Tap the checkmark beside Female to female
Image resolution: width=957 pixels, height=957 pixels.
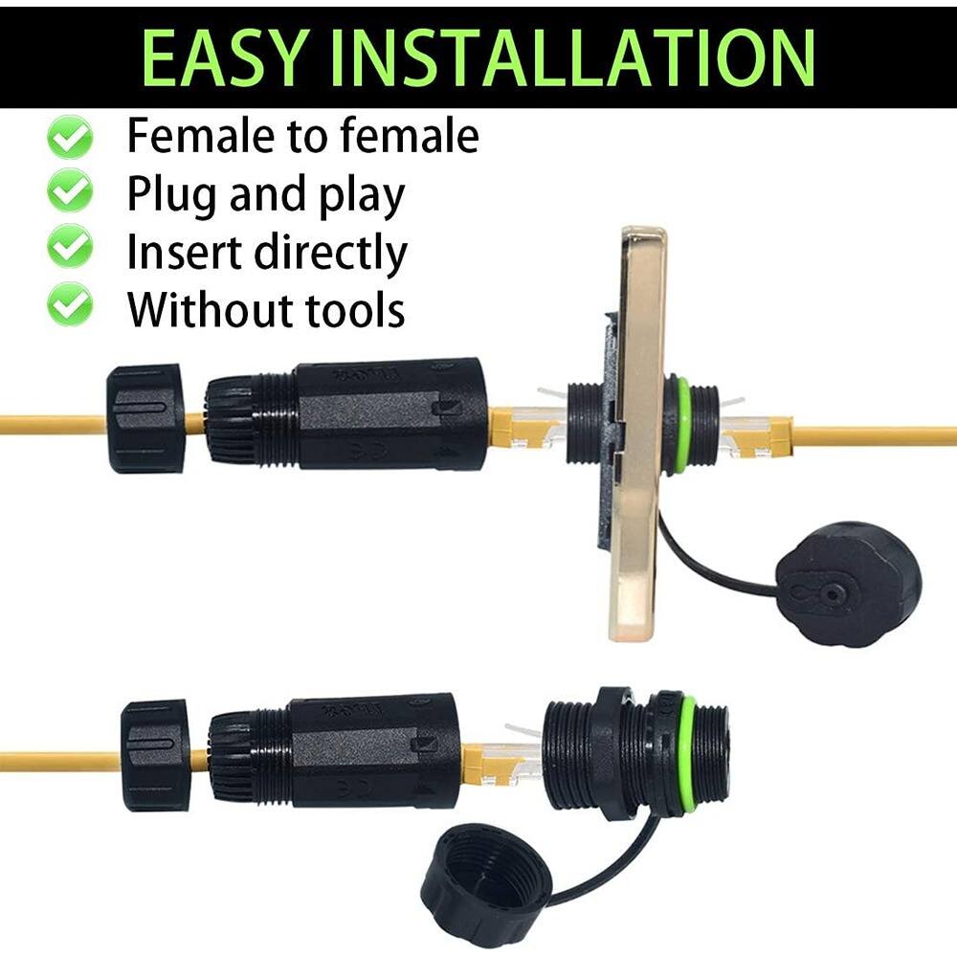(70, 137)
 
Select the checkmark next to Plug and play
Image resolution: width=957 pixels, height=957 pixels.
(70, 193)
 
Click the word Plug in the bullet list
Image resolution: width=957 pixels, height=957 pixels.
(171, 195)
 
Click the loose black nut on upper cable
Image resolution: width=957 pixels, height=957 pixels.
(145, 418)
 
